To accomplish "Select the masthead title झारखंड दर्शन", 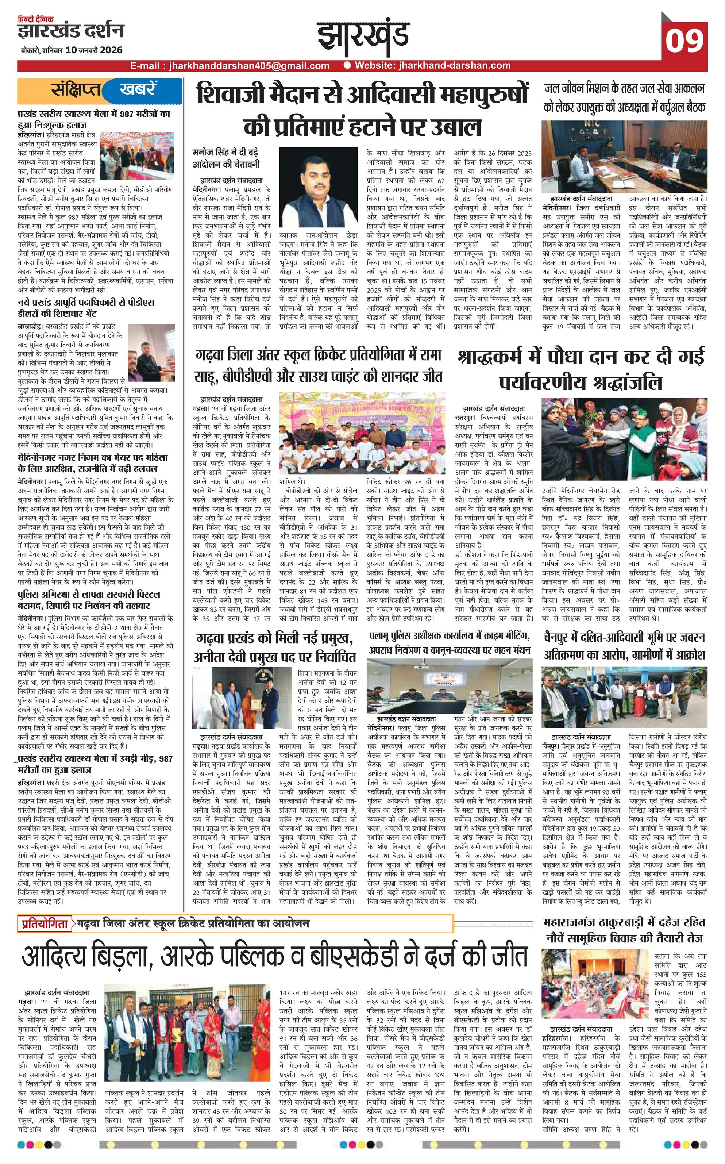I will pyautogui.click(x=70, y=32).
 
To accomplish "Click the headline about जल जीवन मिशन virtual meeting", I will pyautogui.click(x=624, y=98).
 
